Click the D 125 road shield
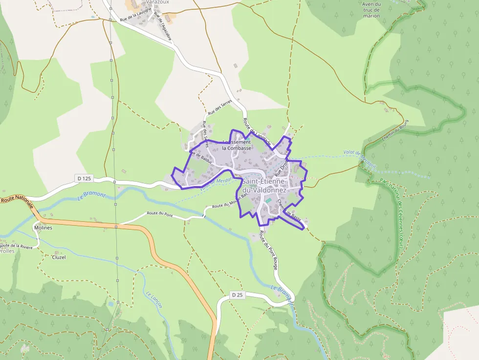coord(84,178)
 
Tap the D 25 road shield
coord(237,295)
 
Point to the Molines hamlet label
coord(43,228)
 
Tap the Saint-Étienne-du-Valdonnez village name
coord(264,186)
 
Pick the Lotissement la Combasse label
coord(237,145)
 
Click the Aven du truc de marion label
coord(371,10)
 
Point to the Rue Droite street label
coord(282,167)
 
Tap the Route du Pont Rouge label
coord(269,250)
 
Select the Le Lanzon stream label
coord(153,299)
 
